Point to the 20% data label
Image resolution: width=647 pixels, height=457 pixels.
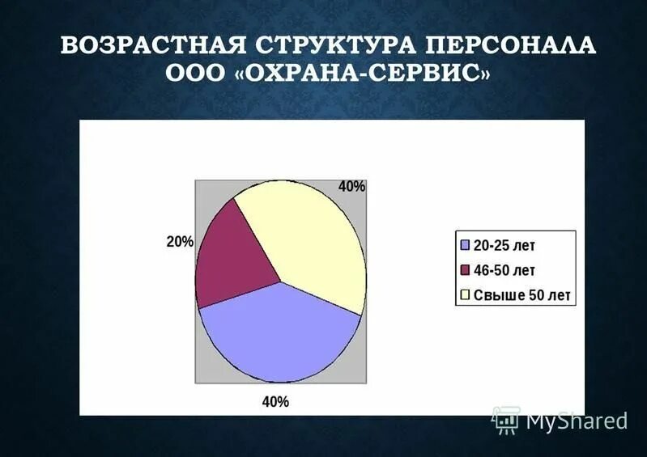(180, 242)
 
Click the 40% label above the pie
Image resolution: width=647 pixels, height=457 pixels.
(352, 187)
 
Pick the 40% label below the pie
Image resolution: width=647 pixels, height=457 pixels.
(275, 401)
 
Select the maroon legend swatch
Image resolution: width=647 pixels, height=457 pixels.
(465, 270)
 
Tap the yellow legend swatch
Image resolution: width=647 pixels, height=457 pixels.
(465, 295)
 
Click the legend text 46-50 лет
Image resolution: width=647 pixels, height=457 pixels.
(504, 270)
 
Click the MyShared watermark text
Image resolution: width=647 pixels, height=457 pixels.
(577, 421)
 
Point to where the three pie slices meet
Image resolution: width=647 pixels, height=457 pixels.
(281, 282)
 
